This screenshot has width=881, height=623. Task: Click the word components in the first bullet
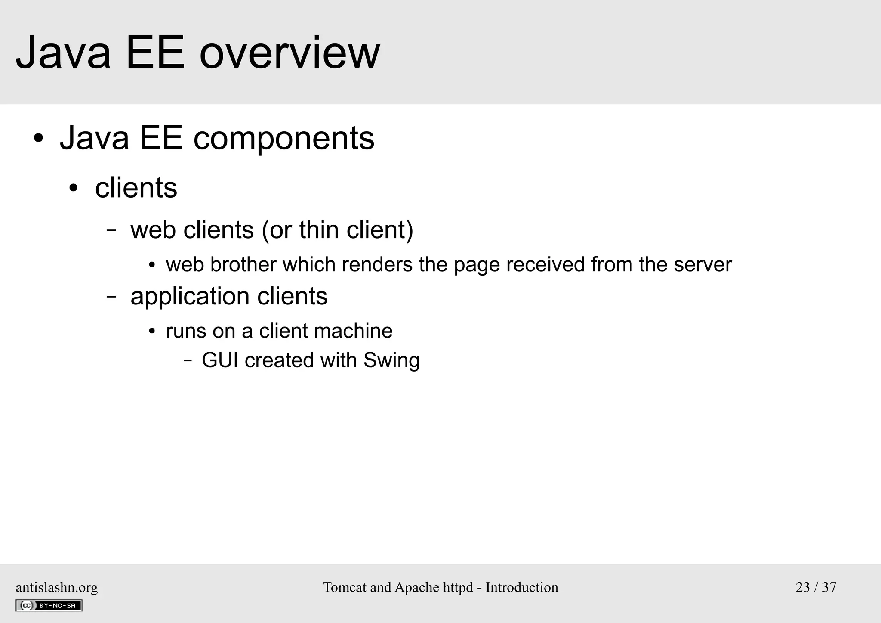click(284, 138)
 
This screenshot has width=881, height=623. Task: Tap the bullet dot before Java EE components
click(39, 139)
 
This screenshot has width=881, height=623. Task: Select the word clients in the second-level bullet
click(136, 188)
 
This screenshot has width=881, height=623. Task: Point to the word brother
click(243, 264)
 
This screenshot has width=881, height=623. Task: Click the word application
click(190, 297)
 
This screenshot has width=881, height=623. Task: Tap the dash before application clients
click(111, 297)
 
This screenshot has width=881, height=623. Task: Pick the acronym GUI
click(220, 360)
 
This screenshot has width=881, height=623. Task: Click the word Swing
click(391, 360)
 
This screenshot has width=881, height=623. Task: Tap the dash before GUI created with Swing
click(188, 360)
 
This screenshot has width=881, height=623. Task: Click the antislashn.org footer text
click(57, 587)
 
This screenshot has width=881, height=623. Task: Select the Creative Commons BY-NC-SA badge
click(49, 605)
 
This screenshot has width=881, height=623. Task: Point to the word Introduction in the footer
click(522, 587)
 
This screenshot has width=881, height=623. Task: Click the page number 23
click(803, 587)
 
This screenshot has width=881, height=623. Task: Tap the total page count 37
click(829, 587)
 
